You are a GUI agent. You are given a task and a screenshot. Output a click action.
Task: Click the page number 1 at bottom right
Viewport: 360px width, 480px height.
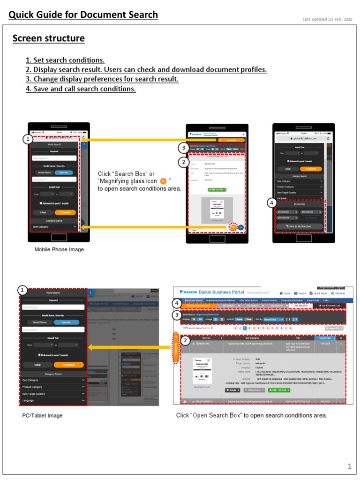coord(349,466)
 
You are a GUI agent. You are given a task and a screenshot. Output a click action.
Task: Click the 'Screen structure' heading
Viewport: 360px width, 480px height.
coord(48,38)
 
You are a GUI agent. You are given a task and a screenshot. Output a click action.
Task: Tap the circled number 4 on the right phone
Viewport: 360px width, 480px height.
coord(271,203)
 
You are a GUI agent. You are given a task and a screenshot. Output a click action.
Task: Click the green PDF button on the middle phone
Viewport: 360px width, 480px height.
coord(217,190)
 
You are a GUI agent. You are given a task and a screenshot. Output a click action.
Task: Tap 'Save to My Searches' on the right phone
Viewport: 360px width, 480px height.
coord(299,226)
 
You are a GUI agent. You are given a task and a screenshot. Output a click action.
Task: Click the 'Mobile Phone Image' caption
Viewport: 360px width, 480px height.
coord(59,250)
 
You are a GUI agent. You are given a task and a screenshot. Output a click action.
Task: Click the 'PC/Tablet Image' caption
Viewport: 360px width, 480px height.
coord(42,416)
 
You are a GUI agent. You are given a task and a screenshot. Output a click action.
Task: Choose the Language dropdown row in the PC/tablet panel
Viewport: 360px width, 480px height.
coord(53,401)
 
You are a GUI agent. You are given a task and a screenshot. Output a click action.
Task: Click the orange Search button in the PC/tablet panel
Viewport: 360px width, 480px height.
coord(68,364)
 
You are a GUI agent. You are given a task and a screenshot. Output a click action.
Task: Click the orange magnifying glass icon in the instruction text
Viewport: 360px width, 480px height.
coord(163,181)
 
